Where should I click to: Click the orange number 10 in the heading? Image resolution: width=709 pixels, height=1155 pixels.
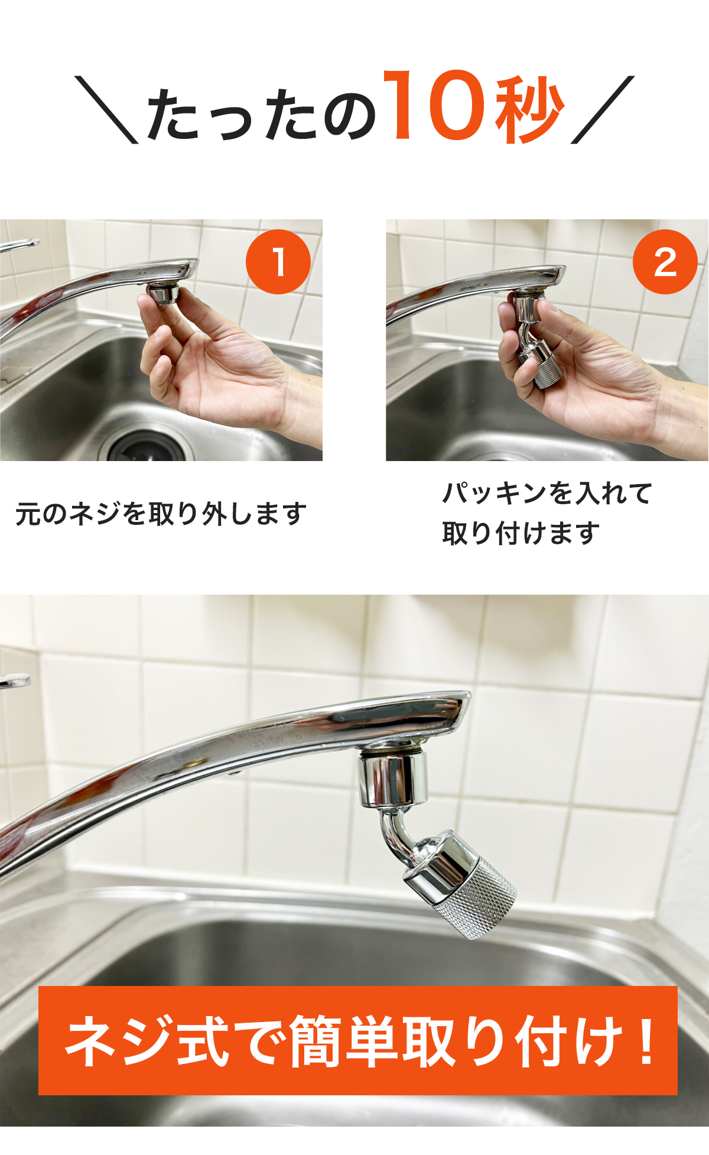click(x=437, y=106)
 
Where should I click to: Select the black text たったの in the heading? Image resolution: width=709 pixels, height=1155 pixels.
click(x=261, y=115)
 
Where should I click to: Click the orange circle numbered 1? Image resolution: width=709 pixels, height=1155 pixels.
click(x=278, y=262)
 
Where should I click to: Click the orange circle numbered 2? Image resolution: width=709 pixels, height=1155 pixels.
click(x=665, y=262)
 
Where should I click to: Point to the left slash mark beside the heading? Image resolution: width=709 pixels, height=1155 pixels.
click(x=106, y=109)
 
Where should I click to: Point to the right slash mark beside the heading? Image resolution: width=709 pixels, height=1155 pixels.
click(x=603, y=109)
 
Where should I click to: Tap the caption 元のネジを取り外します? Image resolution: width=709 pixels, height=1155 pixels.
click(x=161, y=514)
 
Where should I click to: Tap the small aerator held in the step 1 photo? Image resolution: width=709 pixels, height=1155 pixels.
click(x=164, y=294)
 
